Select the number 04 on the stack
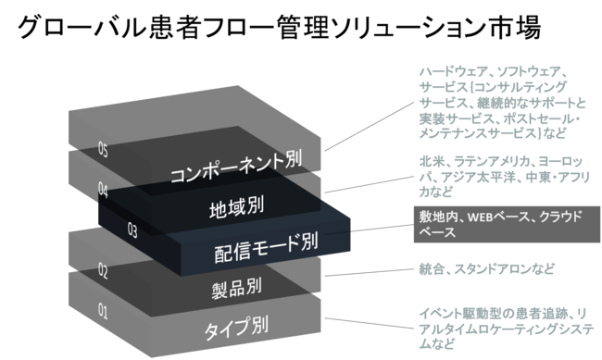104,190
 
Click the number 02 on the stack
104,271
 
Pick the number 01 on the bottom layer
104,312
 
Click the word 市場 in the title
519,27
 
